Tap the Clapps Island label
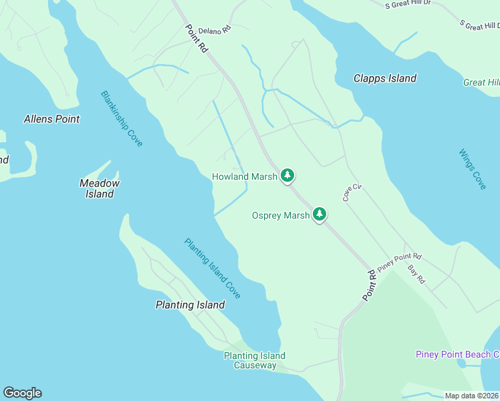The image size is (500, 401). [x=384, y=78]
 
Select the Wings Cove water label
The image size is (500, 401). [x=473, y=169]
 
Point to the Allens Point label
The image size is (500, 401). [x=51, y=119]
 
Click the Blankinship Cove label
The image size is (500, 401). [x=122, y=119]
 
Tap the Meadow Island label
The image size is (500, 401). [x=99, y=188]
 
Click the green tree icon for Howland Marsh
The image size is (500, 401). [x=287, y=176]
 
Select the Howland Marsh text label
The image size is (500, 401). [x=244, y=176]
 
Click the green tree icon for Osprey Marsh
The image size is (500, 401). [x=320, y=215]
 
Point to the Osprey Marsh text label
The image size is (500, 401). [x=281, y=215]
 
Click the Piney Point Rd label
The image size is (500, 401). [x=400, y=261]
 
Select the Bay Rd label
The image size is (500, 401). [x=416, y=275]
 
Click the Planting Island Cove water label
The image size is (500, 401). [x=213, y=268]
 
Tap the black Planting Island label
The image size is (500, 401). [x=190, y=305]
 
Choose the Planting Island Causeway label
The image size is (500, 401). [x=255, y=360]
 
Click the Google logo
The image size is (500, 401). [x=22, y=393]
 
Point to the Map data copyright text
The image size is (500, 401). [x=471, y=396]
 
